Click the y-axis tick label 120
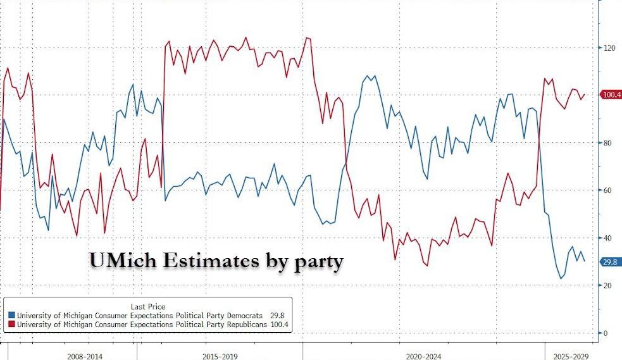607,48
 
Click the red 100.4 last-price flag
611,95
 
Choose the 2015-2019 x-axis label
220,356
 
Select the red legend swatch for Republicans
11,325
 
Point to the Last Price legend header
148,306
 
